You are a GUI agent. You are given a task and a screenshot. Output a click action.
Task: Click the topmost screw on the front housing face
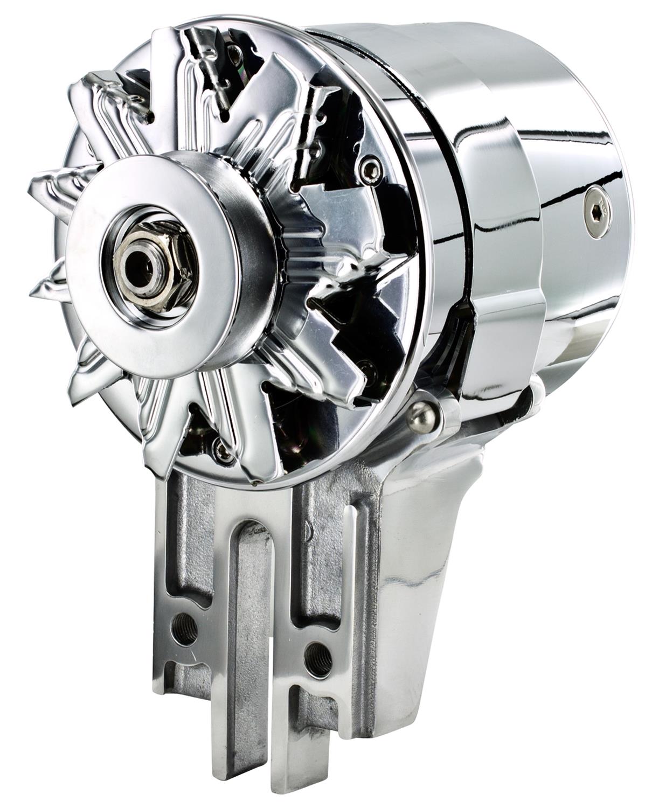233,52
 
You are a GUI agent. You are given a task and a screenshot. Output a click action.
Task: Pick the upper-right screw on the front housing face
370,170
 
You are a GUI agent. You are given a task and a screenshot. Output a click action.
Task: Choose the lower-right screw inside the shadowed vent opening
367,368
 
